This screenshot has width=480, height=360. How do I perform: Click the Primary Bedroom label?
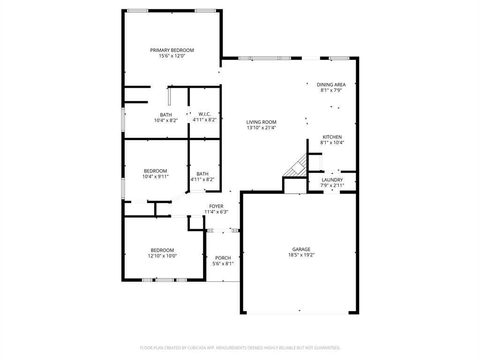point(172,50)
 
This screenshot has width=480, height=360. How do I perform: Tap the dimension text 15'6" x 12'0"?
point(172,56)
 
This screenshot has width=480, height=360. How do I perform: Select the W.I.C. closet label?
point(204,114)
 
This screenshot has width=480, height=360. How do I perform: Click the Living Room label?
point(261,122)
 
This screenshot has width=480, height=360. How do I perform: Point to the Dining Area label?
point(331,85)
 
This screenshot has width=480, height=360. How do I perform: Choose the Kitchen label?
point(332,137)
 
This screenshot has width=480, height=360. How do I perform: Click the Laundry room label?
point(332,180)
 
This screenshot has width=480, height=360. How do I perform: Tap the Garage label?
point(301,249)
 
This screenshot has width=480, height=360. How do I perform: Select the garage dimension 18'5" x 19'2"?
point(301,255)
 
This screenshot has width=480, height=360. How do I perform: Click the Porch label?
point(223,258)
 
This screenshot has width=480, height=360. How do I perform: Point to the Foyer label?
point(216,206)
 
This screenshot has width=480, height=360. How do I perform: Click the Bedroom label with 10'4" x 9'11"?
point(155,171)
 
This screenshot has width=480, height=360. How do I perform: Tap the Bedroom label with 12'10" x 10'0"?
point(162,250)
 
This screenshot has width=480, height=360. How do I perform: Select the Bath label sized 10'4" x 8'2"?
point(166,115)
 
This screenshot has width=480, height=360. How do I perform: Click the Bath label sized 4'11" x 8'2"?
point(202,173)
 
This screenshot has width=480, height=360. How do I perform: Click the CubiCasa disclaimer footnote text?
point(240,348)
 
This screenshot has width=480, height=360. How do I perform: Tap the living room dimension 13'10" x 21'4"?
point(261,128)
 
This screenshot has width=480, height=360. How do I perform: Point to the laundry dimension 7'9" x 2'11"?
point(332,186)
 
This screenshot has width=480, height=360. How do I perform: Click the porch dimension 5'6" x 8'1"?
point(223,264)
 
